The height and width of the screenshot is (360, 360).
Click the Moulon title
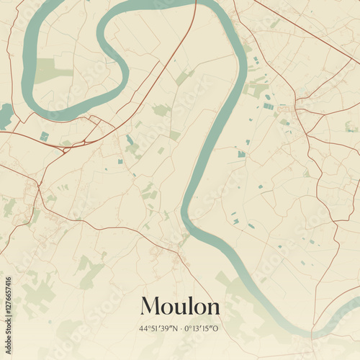coord(180,306)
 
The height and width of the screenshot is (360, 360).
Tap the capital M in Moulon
coord(149,306)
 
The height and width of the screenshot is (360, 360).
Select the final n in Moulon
coord(212,308)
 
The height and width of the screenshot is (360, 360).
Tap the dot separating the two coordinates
coord(180,328)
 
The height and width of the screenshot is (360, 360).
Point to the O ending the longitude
coord(217,328)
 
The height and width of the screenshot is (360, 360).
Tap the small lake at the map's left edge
coord(4,114)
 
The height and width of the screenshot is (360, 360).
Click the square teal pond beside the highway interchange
coord(45,136)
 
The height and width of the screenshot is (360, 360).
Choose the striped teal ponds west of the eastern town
coord(268,107)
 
